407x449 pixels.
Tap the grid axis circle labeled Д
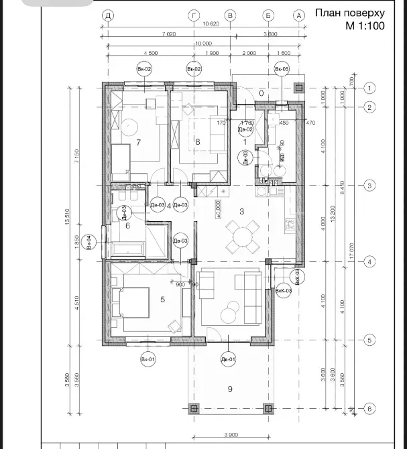pos(107,15)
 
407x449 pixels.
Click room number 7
pos(138,142)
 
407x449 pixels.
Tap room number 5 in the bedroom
pos(162,299)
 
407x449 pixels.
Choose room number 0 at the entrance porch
pos(262,94)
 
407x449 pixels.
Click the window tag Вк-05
pos(282,69)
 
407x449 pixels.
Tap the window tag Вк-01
pos(148,361)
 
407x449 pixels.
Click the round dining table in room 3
pos(239,235)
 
